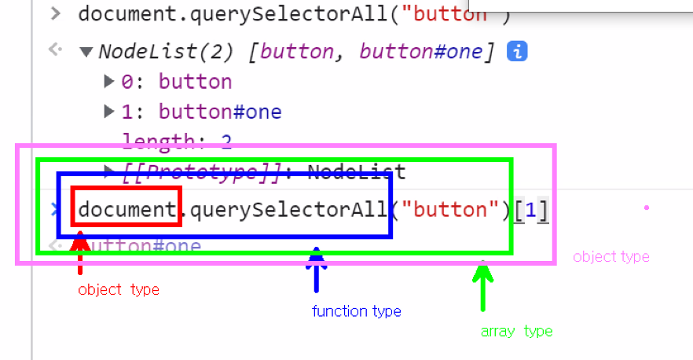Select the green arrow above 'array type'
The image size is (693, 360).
tap(483, 286)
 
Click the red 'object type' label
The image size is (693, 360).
tap(119, 290)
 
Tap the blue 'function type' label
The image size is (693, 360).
tap(357, 311)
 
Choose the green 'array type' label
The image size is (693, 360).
tap(516, 331)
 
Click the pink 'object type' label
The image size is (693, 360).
tap(611, 257)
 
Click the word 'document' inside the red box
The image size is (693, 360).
tap(126, 210)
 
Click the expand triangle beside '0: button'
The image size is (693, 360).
tap(110, 81)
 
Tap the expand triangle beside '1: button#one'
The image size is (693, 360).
tap(110, 112)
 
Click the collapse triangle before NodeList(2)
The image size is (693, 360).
tap(86, 52)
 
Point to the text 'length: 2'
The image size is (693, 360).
tap(176, 141)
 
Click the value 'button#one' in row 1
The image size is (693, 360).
tap(220, 112)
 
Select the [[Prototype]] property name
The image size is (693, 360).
tap(201, 171)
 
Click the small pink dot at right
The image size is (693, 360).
tap(646, 208)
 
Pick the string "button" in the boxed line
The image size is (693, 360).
tap(450, 210)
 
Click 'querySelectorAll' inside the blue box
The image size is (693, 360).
tap(288, 210)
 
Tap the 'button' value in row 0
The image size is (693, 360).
tap(195, 82)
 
